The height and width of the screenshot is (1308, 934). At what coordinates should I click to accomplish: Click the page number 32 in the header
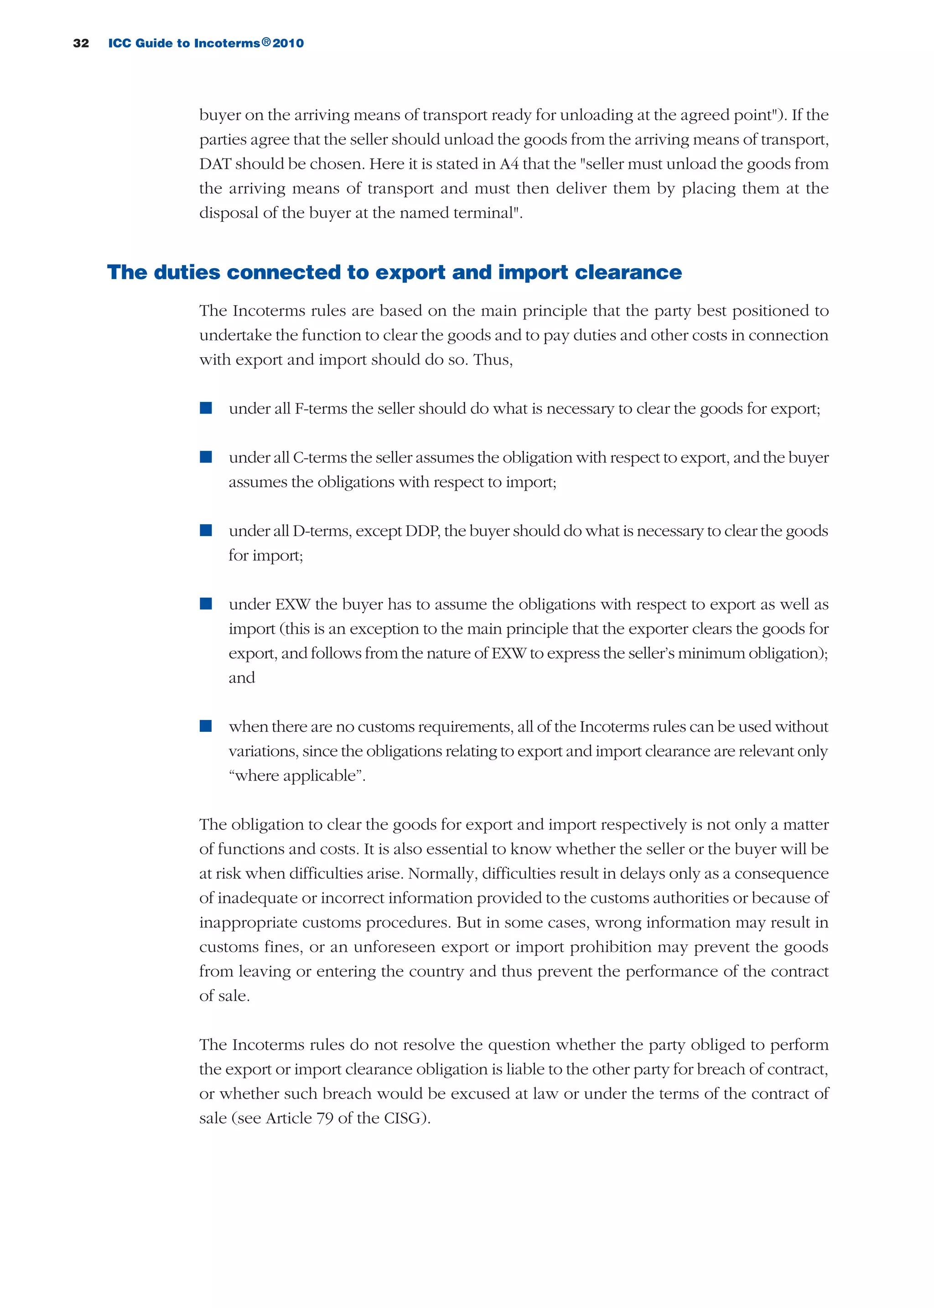[81, 43]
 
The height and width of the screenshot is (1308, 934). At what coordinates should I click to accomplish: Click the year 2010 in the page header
[288, 43]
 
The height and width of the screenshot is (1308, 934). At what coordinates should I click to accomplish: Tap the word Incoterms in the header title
[227, 43]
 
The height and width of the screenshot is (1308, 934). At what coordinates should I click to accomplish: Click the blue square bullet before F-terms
[206, 408]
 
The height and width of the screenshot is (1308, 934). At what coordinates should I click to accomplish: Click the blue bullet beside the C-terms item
[206, 457]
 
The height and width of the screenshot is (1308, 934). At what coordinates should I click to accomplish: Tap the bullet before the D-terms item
[206, 530]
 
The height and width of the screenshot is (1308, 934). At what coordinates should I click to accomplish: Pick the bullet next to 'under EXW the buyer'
[206, 604]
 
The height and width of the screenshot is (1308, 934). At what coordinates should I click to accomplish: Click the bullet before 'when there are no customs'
[206, 726]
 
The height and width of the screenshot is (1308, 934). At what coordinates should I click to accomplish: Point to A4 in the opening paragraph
[509, 164]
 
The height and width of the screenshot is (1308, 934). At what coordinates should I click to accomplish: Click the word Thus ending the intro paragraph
[492, 360]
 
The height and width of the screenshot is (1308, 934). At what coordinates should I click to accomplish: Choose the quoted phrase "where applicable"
[297, 776]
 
